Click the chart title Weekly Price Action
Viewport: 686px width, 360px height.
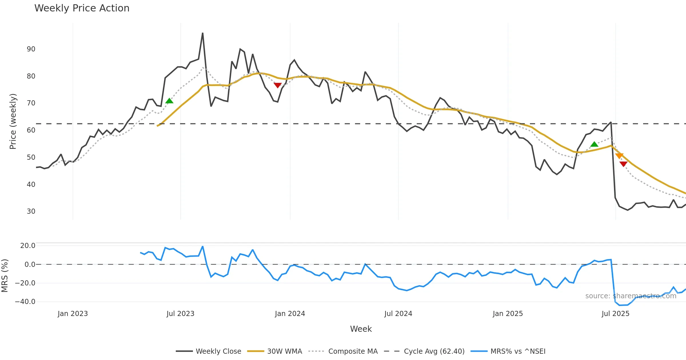tap(82, 8)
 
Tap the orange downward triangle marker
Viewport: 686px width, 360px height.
tap(619, 156)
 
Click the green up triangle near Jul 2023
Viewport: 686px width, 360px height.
tap(169, 101)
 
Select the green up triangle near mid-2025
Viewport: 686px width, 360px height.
tap(594, 144)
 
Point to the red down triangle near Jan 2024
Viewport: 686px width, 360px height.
tap(278, 85)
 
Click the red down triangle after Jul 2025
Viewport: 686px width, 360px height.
tap(623, 164)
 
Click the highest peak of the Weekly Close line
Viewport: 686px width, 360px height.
tap(203, 33)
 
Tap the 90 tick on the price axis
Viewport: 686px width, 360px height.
tap(31, 49)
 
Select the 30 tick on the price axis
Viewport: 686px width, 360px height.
tap(31, 211)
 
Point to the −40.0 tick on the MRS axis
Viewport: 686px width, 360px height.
tap(25, 302)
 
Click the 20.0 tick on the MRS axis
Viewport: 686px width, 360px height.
tap(28, 246)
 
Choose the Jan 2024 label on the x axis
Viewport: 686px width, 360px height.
tap(290, 314)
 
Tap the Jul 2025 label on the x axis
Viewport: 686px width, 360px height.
tap(615, 314)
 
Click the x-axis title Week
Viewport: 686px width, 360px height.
tap(361, 329)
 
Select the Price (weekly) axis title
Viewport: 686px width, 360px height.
tap(13, 121)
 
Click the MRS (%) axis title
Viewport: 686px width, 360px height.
tap(5, 276)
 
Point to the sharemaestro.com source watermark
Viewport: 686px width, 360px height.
tap(631, 296)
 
